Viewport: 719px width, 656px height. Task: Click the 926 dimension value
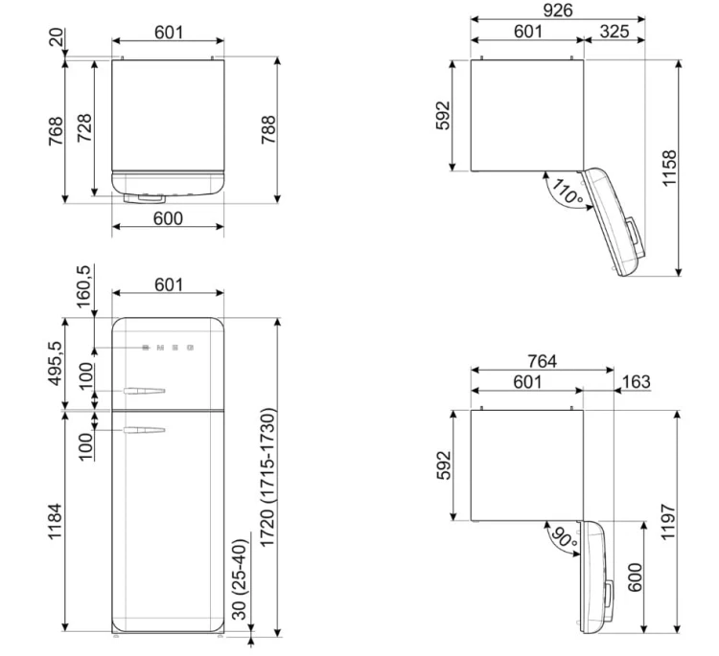558,11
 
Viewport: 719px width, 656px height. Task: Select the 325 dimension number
614,32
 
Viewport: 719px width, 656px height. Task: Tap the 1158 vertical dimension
669,168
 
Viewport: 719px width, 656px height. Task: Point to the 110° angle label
568,191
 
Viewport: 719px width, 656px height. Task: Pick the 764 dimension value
542,361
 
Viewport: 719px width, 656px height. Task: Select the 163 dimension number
637,381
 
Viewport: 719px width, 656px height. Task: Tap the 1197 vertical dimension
669,521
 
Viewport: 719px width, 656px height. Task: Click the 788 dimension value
268,129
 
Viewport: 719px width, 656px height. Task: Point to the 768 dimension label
56,131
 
